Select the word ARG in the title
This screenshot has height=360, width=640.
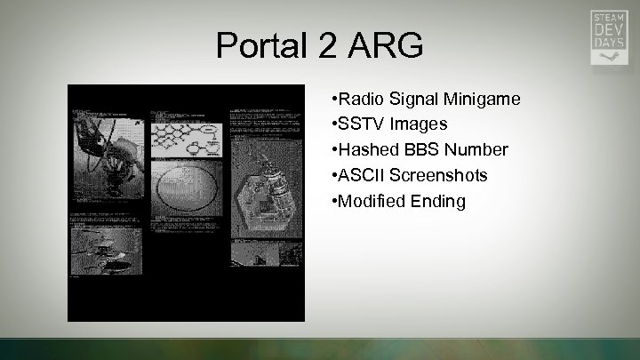pos(389,45)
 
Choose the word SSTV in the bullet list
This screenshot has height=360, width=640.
pos(356,124)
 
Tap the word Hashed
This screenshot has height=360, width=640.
pos(364,149)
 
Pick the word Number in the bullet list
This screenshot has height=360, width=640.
pos(476,149)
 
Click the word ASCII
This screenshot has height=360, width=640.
pos(357,175)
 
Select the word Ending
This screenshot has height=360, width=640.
pos(436,201)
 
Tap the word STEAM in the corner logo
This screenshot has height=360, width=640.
pos(609,16)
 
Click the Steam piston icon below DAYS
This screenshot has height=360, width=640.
pos(609,56)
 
